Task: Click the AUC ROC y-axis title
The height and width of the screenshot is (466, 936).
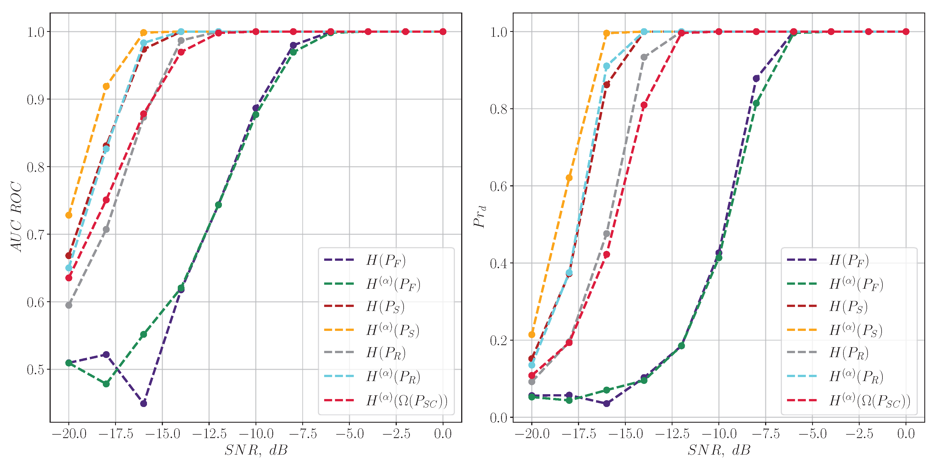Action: tap(16, 217)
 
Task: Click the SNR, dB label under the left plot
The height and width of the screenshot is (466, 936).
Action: tap(256, 450)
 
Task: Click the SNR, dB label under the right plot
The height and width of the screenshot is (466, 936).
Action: tap(719, 450)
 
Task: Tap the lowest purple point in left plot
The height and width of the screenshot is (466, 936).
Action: tap(144, 404)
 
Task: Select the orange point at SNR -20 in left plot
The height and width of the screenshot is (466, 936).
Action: tap(69, 215)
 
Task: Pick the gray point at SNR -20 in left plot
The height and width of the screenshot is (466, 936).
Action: tap(69, 305)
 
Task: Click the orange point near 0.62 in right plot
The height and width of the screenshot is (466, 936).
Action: tap(569, 178)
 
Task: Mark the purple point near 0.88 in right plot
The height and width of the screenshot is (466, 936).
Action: tap(756, 78)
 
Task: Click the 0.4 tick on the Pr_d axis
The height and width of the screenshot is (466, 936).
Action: tap(498, 263)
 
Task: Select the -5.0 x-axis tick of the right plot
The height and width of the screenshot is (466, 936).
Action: tap(812, 434)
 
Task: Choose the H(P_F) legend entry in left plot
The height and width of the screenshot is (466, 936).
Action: tap(385, 260)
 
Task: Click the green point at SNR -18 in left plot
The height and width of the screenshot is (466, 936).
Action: tap(106, 384)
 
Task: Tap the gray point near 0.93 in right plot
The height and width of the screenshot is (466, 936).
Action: tap(644, 57)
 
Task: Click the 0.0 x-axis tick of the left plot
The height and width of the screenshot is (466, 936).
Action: tap(443, 434)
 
